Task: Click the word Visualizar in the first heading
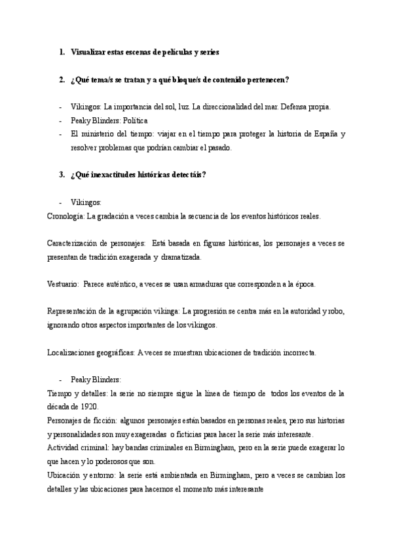(x=92, y=52)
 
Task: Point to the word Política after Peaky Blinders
(x=134, y=120)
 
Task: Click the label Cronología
(x=66, y=215)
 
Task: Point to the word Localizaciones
(x=71, y=352)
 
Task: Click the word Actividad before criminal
(x=62, y=448)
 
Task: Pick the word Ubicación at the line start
(x=64, y=475)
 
